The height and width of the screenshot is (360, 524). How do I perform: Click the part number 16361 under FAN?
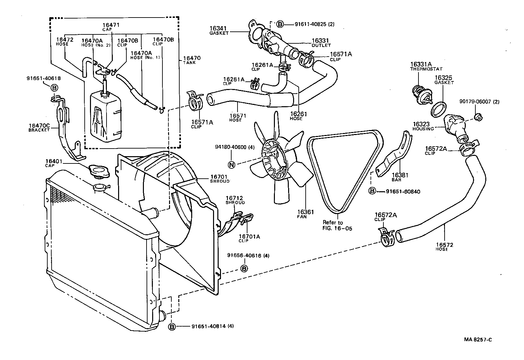[x=305, y=212]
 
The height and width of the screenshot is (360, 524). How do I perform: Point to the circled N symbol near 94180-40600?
[x=232, y=164]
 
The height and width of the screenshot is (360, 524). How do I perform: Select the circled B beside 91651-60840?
[x=372, y=191]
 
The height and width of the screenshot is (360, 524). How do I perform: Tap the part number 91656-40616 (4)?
[x=244, y=255]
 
